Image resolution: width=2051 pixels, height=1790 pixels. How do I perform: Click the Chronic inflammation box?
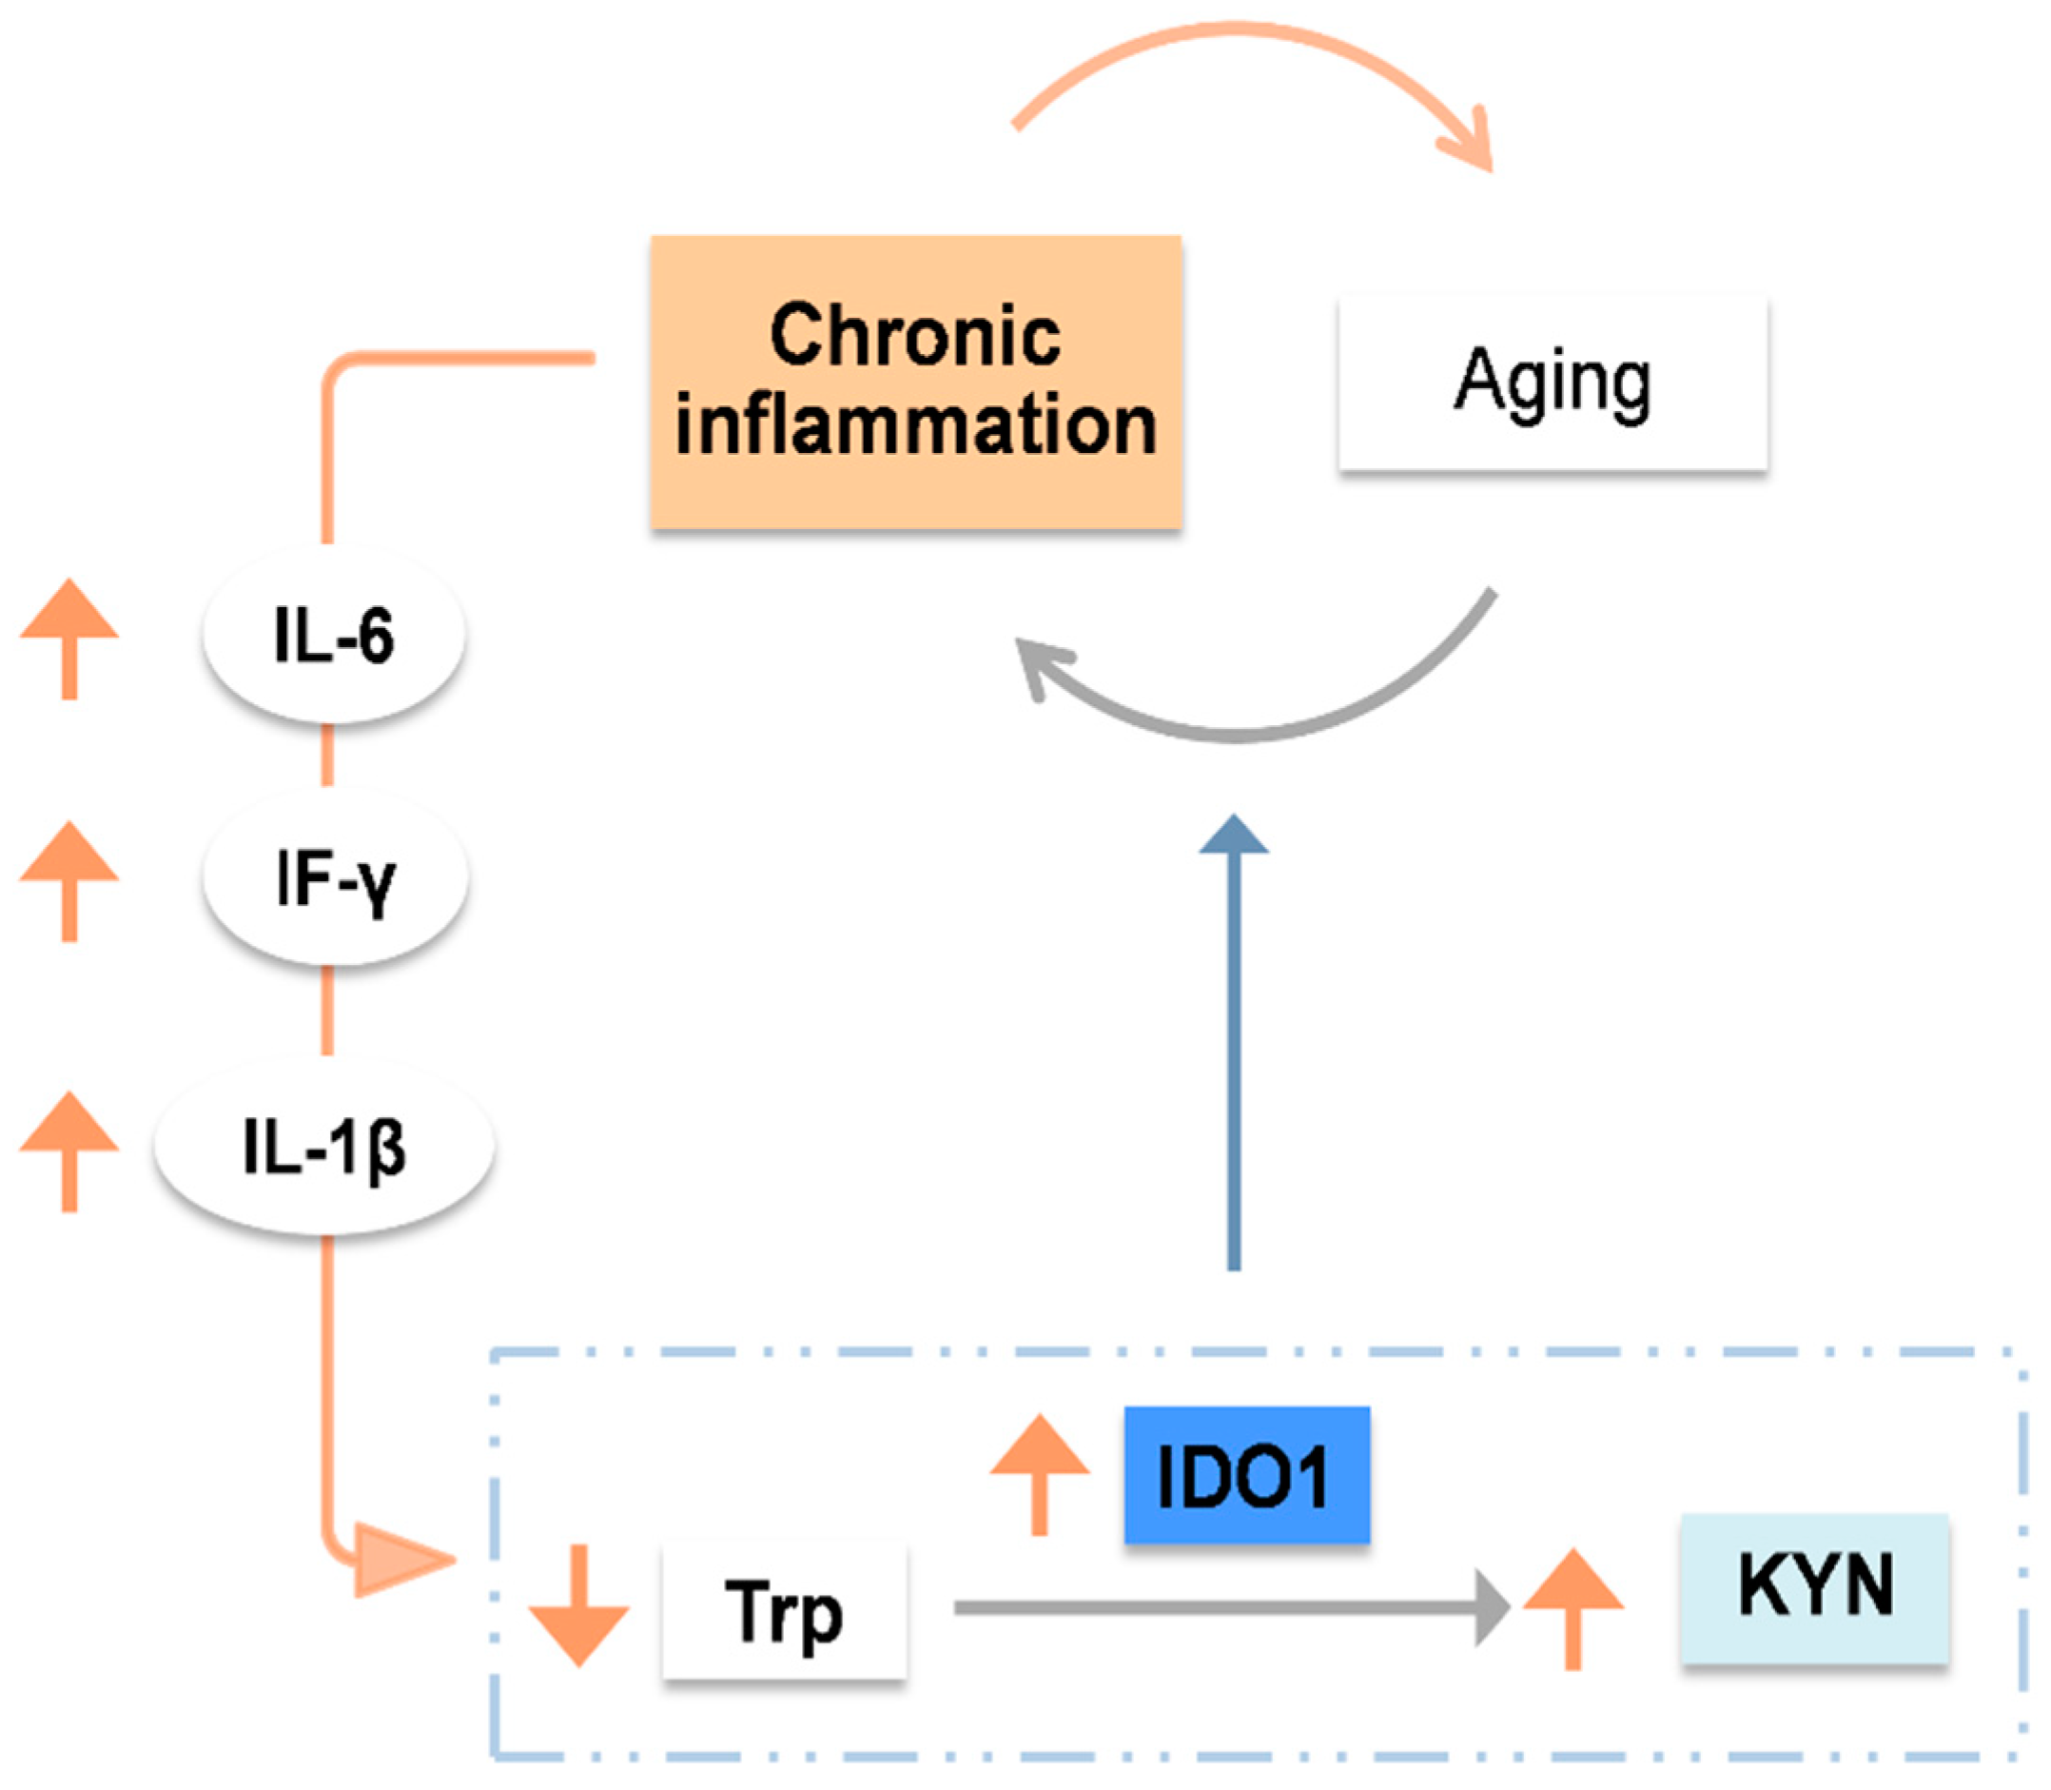[x=916, y=381]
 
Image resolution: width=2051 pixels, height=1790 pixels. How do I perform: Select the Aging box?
[x=1553, y=383]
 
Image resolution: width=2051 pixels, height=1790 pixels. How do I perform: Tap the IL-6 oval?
[x=334, y=636]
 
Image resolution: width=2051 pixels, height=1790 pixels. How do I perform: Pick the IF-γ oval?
[x=336, y=878]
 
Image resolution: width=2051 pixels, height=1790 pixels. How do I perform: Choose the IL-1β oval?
[x=323, y=1147]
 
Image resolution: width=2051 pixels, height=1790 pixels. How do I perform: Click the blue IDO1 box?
[x=1246, y=1474]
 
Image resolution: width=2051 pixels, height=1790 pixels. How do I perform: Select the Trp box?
[x=784, y=1610]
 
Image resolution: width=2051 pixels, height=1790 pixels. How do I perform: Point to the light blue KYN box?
[x=1814, y=1587]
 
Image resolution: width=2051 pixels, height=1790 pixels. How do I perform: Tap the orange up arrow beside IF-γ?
[x=68, y=880]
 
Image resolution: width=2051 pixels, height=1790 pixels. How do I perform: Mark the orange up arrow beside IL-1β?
[x=68, y=1150]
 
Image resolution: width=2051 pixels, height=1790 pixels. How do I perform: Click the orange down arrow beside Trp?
[x=578, y=1605]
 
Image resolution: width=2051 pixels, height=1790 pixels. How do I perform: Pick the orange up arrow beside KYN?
[x=1572, y=1607]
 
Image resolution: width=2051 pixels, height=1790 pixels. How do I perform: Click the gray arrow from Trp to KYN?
[x=1228, y=1607]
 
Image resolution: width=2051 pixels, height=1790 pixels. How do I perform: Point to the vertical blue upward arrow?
[x=1234, y=1049]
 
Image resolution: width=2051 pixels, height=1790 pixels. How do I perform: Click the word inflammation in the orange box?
[x=916, y=425]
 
